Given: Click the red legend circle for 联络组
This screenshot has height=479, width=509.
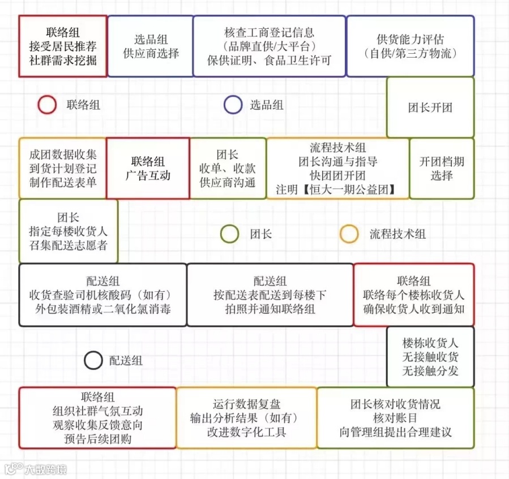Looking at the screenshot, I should click(x=47, y=105).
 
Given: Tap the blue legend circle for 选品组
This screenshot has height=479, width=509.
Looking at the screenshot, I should click(x=233, y=105).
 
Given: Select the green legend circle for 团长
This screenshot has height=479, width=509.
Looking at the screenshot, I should click(x=229, y=234).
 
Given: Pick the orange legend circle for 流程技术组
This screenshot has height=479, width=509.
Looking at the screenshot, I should click(x=349, y=234).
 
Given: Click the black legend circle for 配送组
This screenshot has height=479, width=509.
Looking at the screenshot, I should click(x=93, y=360).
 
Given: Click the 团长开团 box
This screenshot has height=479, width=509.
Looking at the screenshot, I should click(x=430, y=107).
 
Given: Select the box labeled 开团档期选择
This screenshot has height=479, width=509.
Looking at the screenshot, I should click(x=442, y=169).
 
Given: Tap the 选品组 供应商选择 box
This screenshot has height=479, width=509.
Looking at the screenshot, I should click(x=151, y=46).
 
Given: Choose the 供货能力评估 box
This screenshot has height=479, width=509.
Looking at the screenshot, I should click(x=410, y=46).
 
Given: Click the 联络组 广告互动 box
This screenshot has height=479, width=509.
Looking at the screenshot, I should click(x=148, y=169).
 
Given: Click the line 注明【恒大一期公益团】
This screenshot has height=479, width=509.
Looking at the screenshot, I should click(x=337, y=189).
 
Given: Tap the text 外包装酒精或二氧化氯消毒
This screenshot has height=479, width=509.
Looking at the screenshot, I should click(x=102, y=309).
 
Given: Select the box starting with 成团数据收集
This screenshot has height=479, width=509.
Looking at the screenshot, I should click(x=62, y=169).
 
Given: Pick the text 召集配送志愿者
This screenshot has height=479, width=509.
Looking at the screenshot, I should click(x=68, y=245).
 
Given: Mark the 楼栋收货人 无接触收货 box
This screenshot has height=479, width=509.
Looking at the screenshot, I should click(x=430, y=357).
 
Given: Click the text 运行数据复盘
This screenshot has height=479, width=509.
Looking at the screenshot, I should click(x=246, y=404).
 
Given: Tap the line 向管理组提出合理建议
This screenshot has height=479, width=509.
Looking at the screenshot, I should click(x=395, y=433).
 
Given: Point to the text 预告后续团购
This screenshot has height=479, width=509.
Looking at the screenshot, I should click(x=97, y=439).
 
